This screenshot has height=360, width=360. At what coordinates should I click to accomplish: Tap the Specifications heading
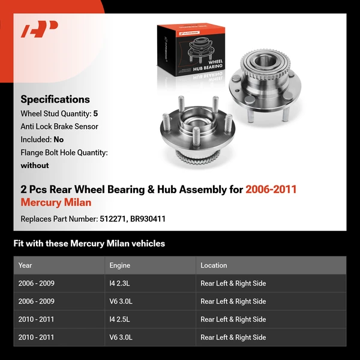55,100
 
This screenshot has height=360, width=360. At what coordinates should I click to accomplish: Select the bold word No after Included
59,139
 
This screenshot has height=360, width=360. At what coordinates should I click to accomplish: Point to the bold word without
35,165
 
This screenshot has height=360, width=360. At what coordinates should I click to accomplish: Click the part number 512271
112,219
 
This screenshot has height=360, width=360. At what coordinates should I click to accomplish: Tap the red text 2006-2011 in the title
271,190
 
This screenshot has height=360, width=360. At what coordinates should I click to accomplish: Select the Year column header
25,265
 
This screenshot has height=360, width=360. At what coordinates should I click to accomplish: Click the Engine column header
119,265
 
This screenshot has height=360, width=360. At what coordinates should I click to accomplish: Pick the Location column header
214,265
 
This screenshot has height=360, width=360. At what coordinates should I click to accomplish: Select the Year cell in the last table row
36,337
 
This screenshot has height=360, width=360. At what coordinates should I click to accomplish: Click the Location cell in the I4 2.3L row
233,283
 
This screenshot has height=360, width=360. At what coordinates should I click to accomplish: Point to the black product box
183,54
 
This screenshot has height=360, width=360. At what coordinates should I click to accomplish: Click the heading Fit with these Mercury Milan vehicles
89,244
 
